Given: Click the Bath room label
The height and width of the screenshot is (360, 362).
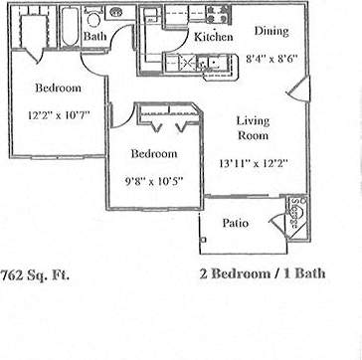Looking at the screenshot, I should click(95, 37).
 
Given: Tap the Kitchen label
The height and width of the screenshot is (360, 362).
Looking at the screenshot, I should click(213, 37).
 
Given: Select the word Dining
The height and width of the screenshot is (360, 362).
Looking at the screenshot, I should click(270, 30).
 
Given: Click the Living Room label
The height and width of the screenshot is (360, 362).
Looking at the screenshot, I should click(253, 127).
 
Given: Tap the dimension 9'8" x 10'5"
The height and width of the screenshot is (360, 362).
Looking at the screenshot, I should click(153, 181).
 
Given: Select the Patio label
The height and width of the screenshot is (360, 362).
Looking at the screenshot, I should click(235, 223).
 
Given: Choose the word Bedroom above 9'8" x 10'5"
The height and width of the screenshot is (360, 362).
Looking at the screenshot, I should click(153, 154).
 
